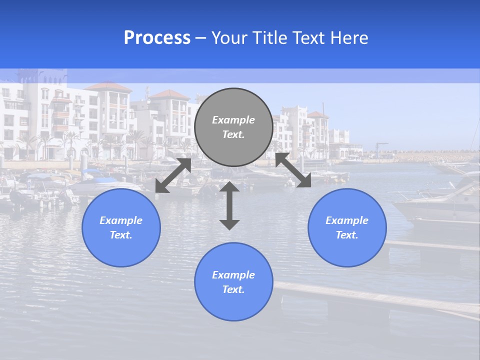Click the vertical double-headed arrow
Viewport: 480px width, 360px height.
coord(229,205)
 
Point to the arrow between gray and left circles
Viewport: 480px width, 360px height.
coord(173,175)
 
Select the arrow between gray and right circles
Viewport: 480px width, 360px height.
coord(293,170)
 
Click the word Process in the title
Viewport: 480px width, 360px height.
coord(157,38)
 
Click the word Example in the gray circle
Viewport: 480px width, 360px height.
coord(233,120)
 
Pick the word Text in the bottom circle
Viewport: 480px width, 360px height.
coord(233,289)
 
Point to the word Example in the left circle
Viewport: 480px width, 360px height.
coord(121,220)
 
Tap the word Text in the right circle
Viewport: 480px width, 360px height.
coord(346,235)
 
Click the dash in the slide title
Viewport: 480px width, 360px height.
coord(201,38)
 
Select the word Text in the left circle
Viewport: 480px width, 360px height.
coord(120,235)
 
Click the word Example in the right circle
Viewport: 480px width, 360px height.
coord(347,220)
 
